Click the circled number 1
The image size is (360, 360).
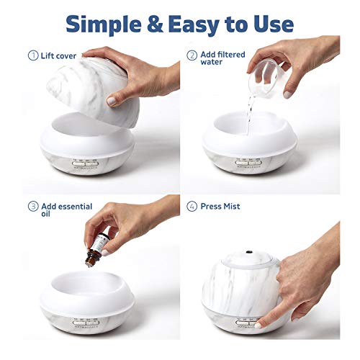32,55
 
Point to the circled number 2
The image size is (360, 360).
192,55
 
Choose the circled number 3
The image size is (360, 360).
32,207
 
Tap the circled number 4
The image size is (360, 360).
192,207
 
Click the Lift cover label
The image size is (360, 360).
60,55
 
